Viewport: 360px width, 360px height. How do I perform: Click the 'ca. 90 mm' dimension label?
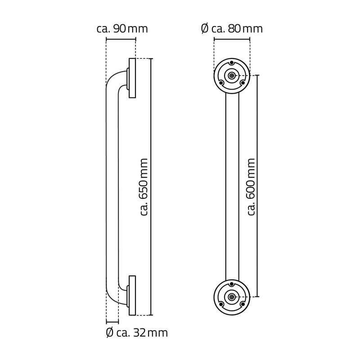point(122,29)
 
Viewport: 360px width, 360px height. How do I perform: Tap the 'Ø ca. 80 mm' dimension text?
point(231,29)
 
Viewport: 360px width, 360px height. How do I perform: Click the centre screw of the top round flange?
point(231,76)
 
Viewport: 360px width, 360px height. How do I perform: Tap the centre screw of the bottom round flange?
point(231,297)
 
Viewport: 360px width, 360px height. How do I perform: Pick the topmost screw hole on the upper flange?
point(231,63)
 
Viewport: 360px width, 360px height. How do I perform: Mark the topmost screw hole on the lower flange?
point(231,283)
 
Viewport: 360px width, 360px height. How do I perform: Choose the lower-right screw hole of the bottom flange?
point(243,304)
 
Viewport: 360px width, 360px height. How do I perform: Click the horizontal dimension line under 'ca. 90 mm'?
point(121,40)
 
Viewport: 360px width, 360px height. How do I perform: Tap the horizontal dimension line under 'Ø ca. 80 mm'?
point(231,40)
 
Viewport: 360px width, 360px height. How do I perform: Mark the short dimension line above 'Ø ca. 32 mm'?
point(112,322)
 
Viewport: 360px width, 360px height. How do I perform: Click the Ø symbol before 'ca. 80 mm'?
point(204,29)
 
